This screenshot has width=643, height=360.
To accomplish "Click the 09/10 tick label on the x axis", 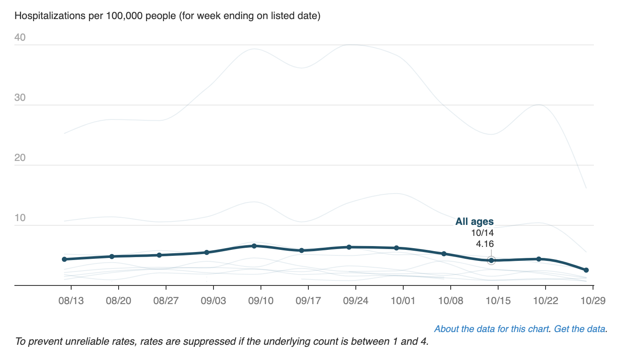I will (261, 301).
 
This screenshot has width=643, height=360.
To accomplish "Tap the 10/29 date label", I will (593, 301).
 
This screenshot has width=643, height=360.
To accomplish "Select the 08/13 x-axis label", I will (71, 301).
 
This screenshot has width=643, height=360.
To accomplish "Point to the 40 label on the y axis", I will (20, 37).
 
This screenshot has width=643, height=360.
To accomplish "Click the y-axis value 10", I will (20, 218).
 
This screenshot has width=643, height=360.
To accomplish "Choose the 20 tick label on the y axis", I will (20, 158).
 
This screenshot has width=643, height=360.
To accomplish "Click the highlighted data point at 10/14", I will (491, 260).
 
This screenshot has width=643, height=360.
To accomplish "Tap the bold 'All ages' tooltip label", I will (474, 222).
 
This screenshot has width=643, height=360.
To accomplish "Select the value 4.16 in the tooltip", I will (485, 244).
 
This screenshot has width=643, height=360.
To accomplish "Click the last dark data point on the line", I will (586, 270).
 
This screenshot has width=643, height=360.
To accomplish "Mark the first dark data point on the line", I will (64, 259).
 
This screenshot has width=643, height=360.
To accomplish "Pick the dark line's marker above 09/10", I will (254, 246).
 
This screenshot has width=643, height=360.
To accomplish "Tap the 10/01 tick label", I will (403, 301).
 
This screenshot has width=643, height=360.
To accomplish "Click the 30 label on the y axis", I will (20, 97).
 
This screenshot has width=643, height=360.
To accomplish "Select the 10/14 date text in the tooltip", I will (482, 233).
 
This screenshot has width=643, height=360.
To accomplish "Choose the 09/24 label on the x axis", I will (355, 301).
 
